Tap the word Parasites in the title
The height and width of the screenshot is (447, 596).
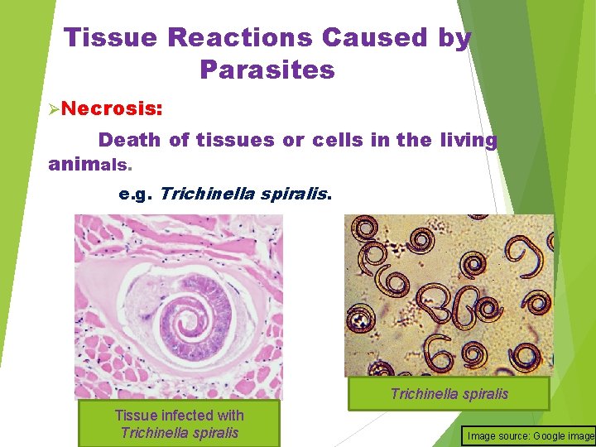point(267,70)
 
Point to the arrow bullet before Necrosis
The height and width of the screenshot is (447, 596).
point(54,109)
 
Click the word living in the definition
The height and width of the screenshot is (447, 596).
point(468,140)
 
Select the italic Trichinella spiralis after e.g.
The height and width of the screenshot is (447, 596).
point(245,195)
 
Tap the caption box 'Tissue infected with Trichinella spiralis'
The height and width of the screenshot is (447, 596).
point(179,424)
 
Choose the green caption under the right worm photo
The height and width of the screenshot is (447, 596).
point(449,394)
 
